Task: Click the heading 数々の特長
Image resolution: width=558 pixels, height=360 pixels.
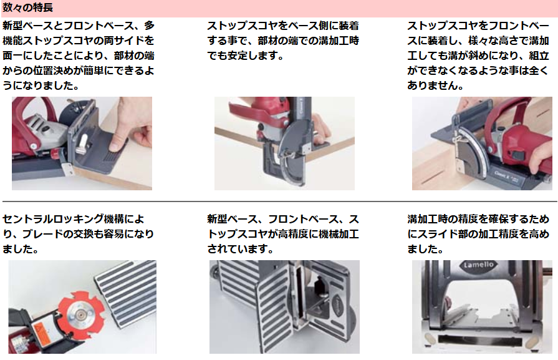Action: pos(28,7)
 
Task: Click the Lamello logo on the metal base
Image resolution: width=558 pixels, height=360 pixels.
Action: pos(478,265)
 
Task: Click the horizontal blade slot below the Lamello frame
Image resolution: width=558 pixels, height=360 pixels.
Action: pos(481,339)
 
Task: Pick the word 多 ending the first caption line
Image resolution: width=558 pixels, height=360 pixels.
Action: pos(150,26)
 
